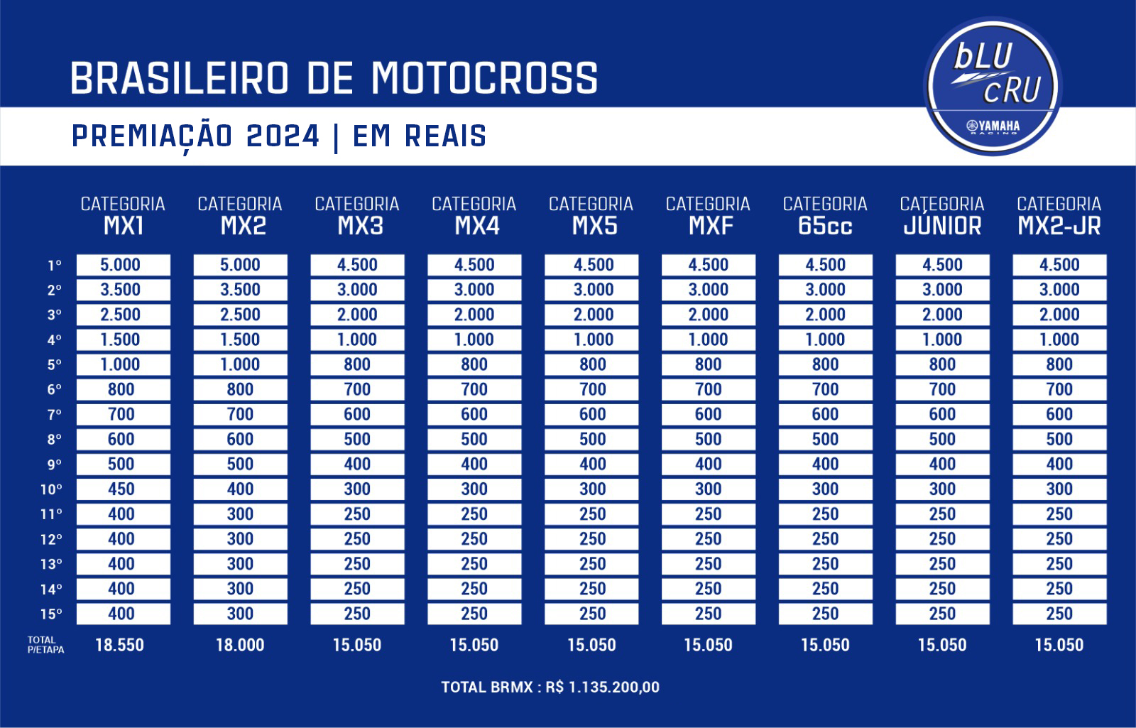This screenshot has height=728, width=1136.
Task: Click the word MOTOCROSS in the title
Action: (484, 78)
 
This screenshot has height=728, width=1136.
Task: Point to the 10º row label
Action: (51, 489)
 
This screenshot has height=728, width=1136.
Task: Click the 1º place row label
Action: (54, 266)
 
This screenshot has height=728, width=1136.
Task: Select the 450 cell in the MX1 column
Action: (121, 489)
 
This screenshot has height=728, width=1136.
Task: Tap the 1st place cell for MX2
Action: (240, 265)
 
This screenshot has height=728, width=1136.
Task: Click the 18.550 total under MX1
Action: (119, 645)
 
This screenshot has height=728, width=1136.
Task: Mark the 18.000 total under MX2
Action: (240, 645)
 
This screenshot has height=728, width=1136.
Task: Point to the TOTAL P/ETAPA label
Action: (45, 645)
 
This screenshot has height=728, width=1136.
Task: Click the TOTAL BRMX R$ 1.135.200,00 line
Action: (550, 687)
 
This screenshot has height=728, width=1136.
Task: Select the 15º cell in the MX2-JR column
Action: (1059, 614)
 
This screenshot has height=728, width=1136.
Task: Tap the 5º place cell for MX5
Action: (591, 364)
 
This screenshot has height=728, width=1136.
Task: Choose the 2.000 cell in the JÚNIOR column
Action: (942, 315)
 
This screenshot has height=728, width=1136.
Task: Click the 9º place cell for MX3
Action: (357, 464)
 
